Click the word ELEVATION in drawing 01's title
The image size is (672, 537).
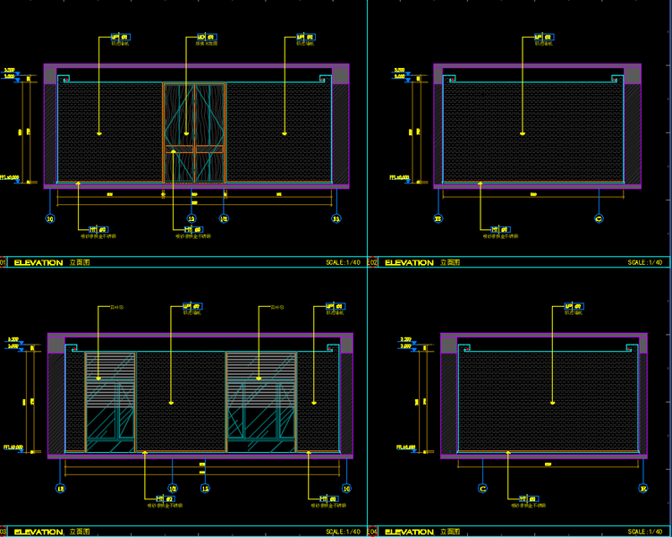[38, 263]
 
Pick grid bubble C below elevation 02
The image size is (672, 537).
[598, 217]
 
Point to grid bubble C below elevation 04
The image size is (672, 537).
[482, 489]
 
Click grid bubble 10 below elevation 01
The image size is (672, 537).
[50, 217]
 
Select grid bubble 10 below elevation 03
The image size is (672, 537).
[346, 489]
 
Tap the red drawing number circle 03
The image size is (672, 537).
[4, 532]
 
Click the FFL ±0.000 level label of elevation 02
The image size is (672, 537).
[399, 177]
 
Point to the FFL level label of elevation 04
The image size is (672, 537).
[406, 447]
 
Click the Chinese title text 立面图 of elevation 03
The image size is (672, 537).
[78, 532]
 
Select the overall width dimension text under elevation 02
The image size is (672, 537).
[534, 194]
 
